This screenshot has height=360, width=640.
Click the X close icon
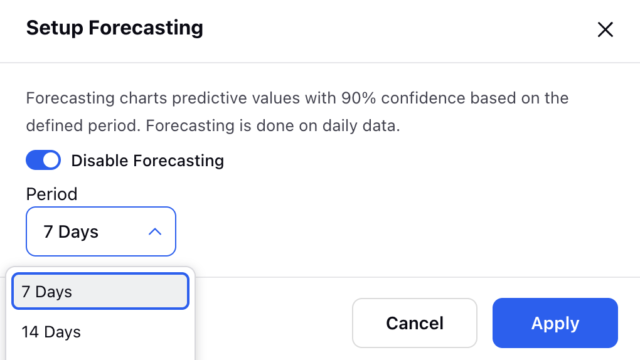(605, 29)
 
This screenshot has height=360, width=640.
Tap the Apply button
(555, 323)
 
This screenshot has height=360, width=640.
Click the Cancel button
(415, 323)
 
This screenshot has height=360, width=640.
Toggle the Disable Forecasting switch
(43, 160)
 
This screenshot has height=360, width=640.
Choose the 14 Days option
(51, 332)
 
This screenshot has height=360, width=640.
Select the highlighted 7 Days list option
(100, 292)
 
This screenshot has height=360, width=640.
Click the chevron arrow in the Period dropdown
(155, 232)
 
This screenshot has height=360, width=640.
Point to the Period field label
(52, 194)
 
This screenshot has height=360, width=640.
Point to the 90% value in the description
(358, 98)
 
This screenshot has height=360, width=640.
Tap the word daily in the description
(338, 125)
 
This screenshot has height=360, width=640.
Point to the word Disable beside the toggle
(100, 161)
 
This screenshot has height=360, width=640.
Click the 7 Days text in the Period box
(71, 232)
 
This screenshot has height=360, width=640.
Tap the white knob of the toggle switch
(51, 160)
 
